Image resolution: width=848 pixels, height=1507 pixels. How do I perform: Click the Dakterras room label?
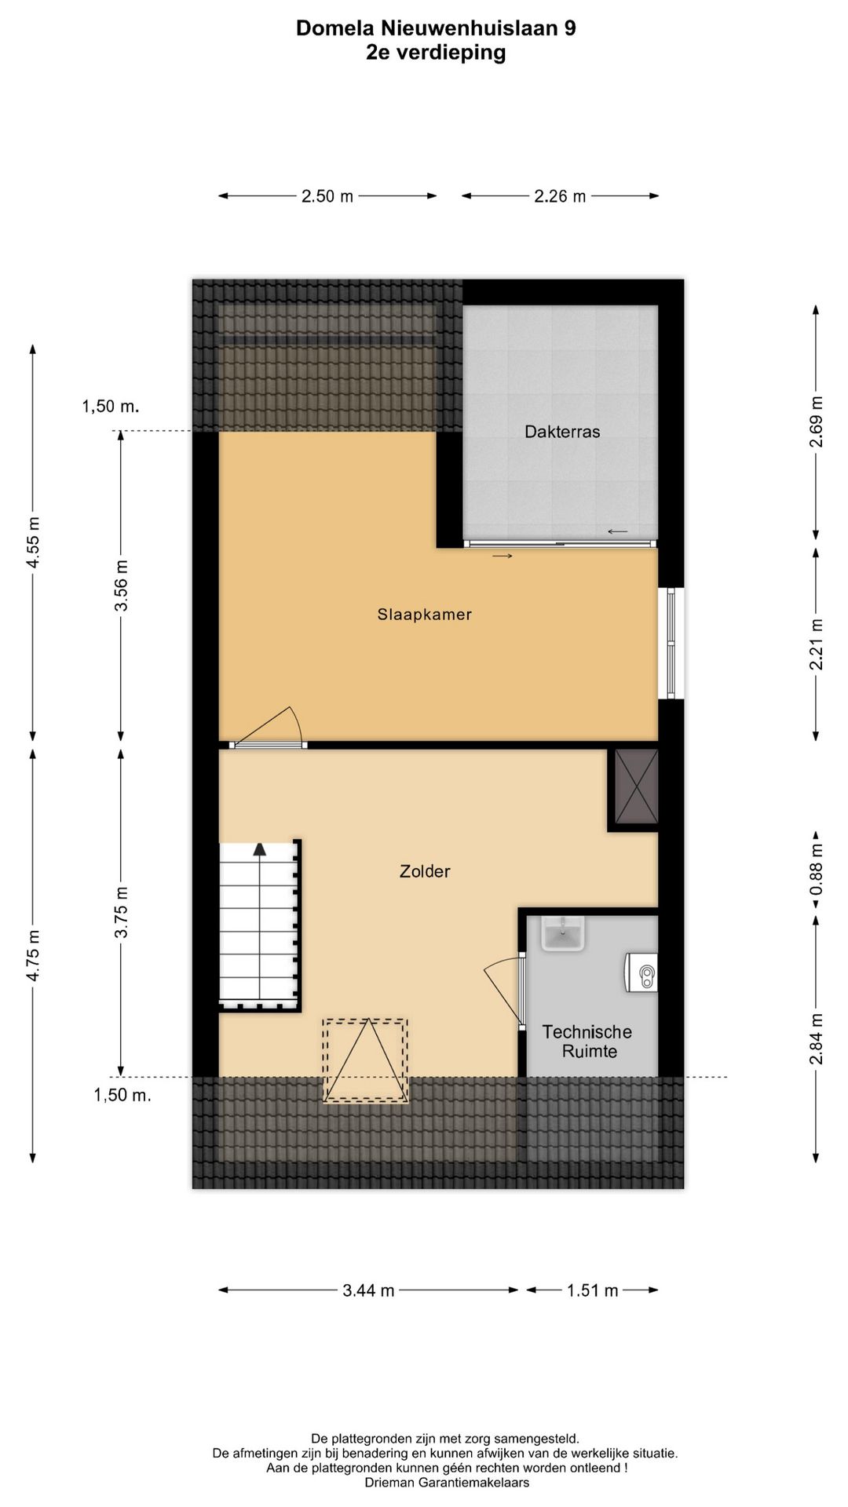pyautogui.click(x=562, y=432)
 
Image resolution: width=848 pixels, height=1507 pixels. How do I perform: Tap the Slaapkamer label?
pyautogui.click(x=424, y=615)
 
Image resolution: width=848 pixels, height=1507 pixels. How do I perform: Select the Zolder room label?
pyautogui.click(x=425, y=871)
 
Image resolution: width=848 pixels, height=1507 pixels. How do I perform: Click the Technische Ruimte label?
pyautogui.click(x=588, y=1042)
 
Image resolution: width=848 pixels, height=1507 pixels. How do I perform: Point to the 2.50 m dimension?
pyautogui.click(x=327, y=196)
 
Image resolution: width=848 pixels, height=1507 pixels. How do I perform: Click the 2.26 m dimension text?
pyautogui.click(x=560, y=196)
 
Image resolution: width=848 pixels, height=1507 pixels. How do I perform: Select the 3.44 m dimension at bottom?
pyautogui.click(x=368, y=1290)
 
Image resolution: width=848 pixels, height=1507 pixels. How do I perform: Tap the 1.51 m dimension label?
pyautogui.click(x=592, y=1290)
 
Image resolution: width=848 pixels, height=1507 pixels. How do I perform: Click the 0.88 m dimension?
pyautogui.click(x=817, y=870)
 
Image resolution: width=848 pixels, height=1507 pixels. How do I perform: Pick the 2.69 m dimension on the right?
pyautogui.click(x=817, y=421)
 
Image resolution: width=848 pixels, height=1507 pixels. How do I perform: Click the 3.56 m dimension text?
pyautogui.click(x=120, y=586)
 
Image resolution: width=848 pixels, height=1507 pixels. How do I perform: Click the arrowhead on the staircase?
pyautogui.click(x=260, y=848)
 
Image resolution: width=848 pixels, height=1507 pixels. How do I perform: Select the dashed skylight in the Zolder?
pyautogui.click(x=366, y=1060)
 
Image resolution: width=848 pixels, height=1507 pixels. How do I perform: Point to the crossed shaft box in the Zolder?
pyautogui.click(x=636, y=786)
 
